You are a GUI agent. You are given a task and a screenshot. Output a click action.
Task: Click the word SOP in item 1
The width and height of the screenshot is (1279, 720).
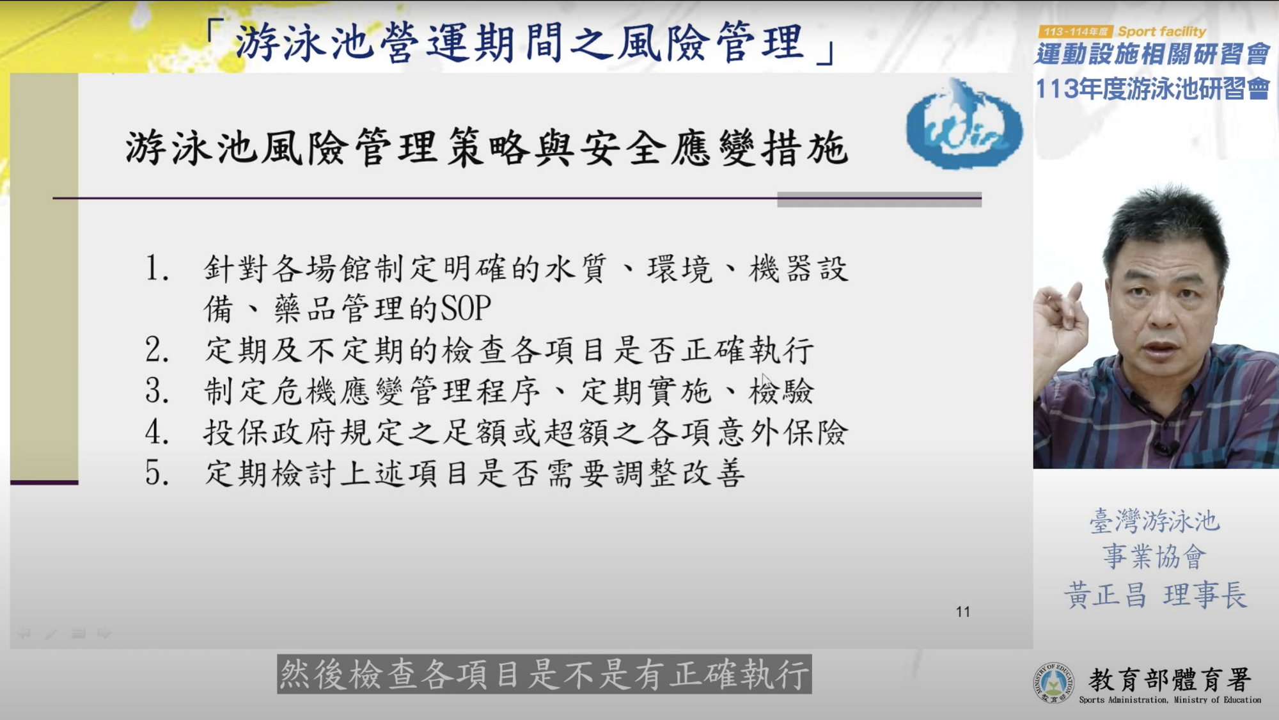pyautogui.click(x=466, y=308)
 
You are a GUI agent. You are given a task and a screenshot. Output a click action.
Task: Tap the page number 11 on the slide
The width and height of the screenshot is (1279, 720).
pyautogui.click(x=963, y=612)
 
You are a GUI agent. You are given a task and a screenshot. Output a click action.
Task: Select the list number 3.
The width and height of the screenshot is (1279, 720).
pyautogui.click(x=157, y=391)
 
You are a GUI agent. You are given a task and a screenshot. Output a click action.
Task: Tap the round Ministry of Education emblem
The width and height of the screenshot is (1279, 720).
pyautogui.click(x=1053, y=683)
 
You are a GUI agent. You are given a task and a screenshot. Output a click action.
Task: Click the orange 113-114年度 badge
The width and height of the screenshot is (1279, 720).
pyautogui.click(x=1076, y=31)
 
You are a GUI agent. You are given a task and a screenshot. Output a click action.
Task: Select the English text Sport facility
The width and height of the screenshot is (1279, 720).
pyautogui.click(x=1162, y=31)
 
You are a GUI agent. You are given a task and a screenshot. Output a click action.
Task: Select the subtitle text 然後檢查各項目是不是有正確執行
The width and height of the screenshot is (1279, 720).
pyautogui.click(x=544, y=674)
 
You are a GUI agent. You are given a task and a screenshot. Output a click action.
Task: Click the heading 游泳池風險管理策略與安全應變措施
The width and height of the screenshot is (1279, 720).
pyautogui.click(x=487, y=148)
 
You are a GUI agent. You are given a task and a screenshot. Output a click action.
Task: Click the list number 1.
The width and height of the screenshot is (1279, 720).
pyautogui.click(x=157, y=269)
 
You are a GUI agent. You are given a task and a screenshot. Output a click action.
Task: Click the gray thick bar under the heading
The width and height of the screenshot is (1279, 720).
pyautogui.click(x=879, y=199)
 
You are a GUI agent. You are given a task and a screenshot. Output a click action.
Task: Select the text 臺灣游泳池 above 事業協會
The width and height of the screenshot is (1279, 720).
pyautogui.click(x=1155, y=521)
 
